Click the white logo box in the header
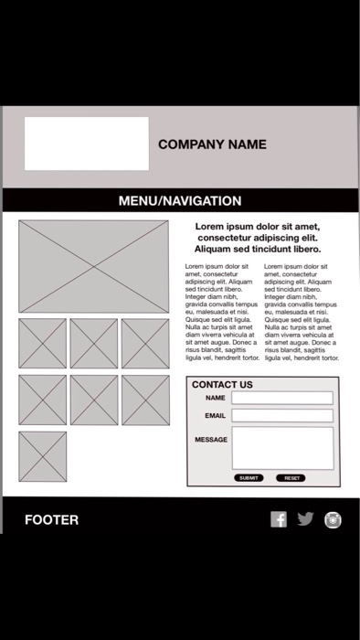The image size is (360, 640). [x=86, y=144]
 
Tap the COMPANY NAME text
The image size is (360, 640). [x=212, y=144]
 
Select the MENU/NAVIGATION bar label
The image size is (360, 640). [x=180, y=201]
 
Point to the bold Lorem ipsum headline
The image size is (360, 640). [x=259, y=237]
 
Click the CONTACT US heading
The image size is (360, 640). [x=222, y=385]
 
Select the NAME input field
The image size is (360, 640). [x=282, y=398]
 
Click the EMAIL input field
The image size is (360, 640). [x=282, y=416]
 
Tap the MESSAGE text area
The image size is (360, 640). [x=282, y=448]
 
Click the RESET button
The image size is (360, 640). [x=291, y=478]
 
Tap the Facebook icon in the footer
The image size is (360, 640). [x=279, y=519]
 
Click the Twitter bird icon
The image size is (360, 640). [x=305, y=519]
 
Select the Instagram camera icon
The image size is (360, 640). [x=333, y=519]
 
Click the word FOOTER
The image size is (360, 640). [x=52, y=520]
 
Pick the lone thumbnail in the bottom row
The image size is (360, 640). [x=43, y=456]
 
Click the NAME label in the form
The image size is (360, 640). [x=216, y=399]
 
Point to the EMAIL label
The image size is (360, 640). [x=216, y=416]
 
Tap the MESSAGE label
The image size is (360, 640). [x=211, y=440]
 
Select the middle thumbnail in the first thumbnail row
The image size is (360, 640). [x=94, y=344]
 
